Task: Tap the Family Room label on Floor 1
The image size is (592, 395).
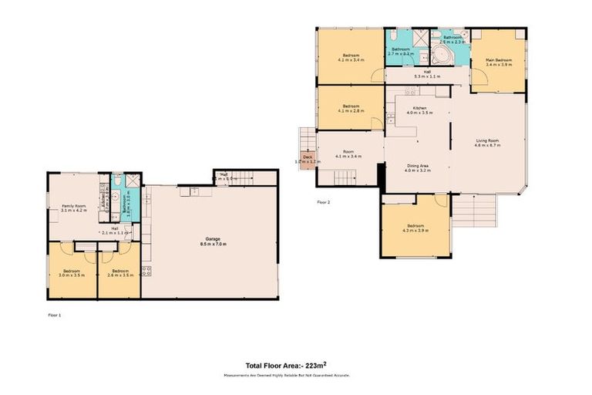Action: [x=73, y=208]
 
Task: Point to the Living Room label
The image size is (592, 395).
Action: [x=487, y=142]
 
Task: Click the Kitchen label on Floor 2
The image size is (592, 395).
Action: [x=419, y=110]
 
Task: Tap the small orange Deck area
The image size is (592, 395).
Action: [x=308, y=159]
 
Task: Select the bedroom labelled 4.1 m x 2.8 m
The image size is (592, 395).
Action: [x=351, y=108]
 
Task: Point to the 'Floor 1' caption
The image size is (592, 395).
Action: [x=54, y=315]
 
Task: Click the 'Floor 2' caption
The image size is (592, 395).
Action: [x=323, y=202]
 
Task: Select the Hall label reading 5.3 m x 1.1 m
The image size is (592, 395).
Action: [x=426, y=74]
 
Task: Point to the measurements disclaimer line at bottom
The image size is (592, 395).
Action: [x=295, y=376]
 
